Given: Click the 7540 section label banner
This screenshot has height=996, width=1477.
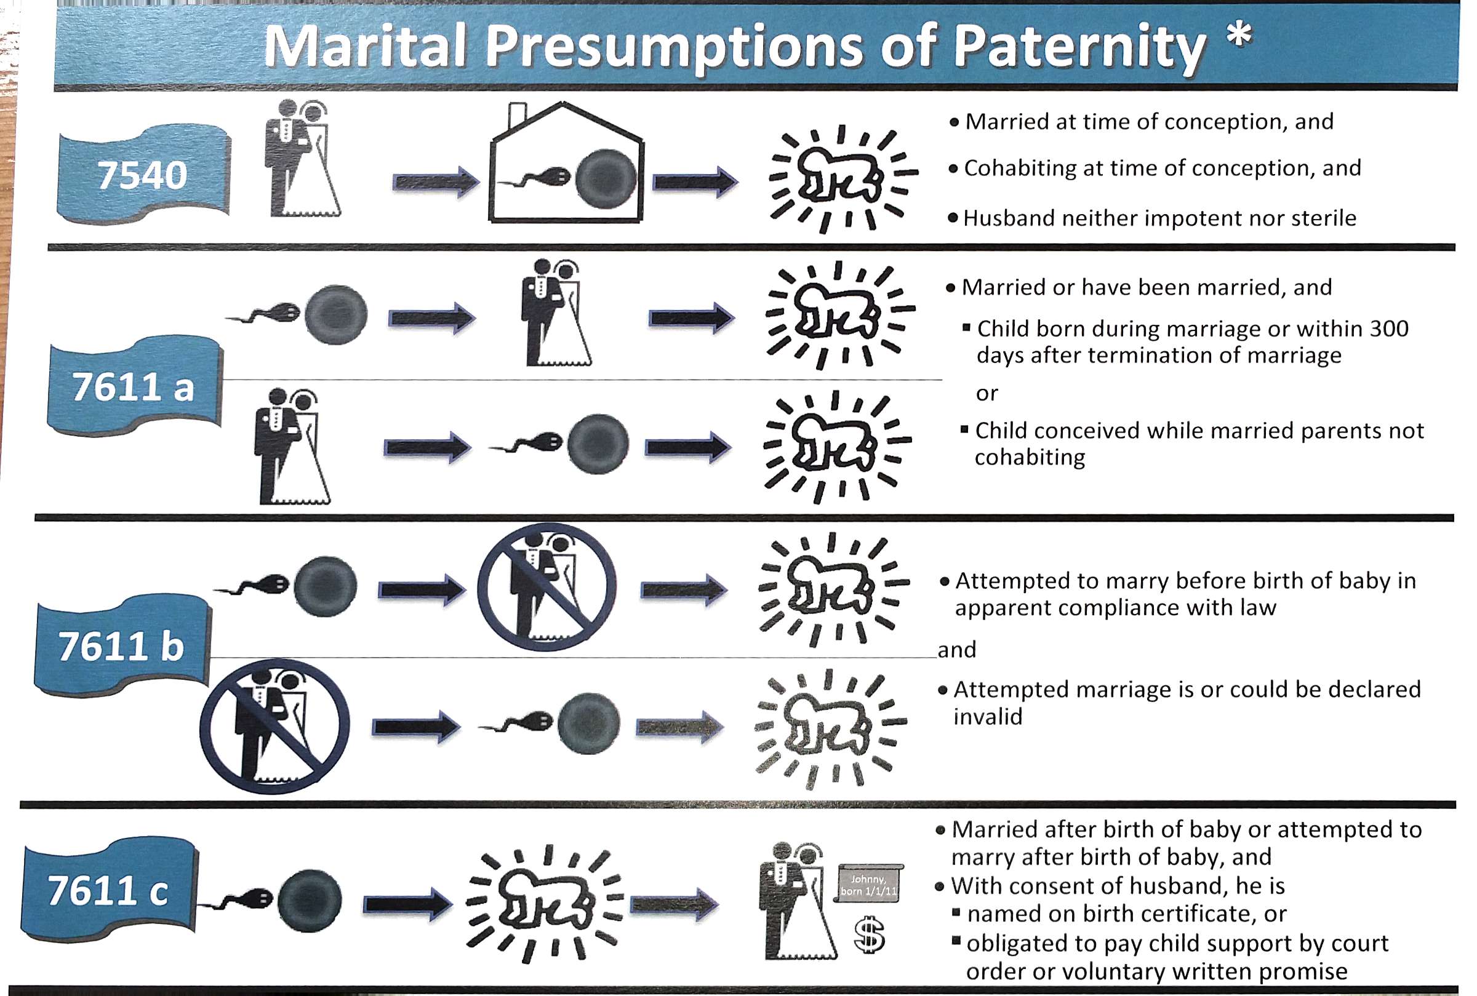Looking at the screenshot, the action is pos(143,174).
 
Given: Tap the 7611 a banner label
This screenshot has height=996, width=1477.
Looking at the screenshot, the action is pos(135,386).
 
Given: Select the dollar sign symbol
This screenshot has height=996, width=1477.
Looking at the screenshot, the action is pos(869,934).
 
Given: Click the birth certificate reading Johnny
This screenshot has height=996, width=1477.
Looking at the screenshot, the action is pos(869,883).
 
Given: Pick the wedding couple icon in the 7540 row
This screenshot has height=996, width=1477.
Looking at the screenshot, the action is pos(302,159).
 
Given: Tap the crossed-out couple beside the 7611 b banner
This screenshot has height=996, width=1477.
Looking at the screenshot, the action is pos(274,726).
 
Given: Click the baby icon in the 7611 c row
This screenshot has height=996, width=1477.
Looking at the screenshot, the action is pos(546,903).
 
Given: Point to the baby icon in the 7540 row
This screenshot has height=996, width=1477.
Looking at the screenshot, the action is pos(843,178).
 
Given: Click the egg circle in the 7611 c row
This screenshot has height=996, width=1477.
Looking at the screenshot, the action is pos(310,900).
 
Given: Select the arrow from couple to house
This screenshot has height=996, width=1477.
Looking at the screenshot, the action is pos(436,182).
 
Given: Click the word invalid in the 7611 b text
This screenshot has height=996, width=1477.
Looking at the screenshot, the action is pos(988,717).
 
